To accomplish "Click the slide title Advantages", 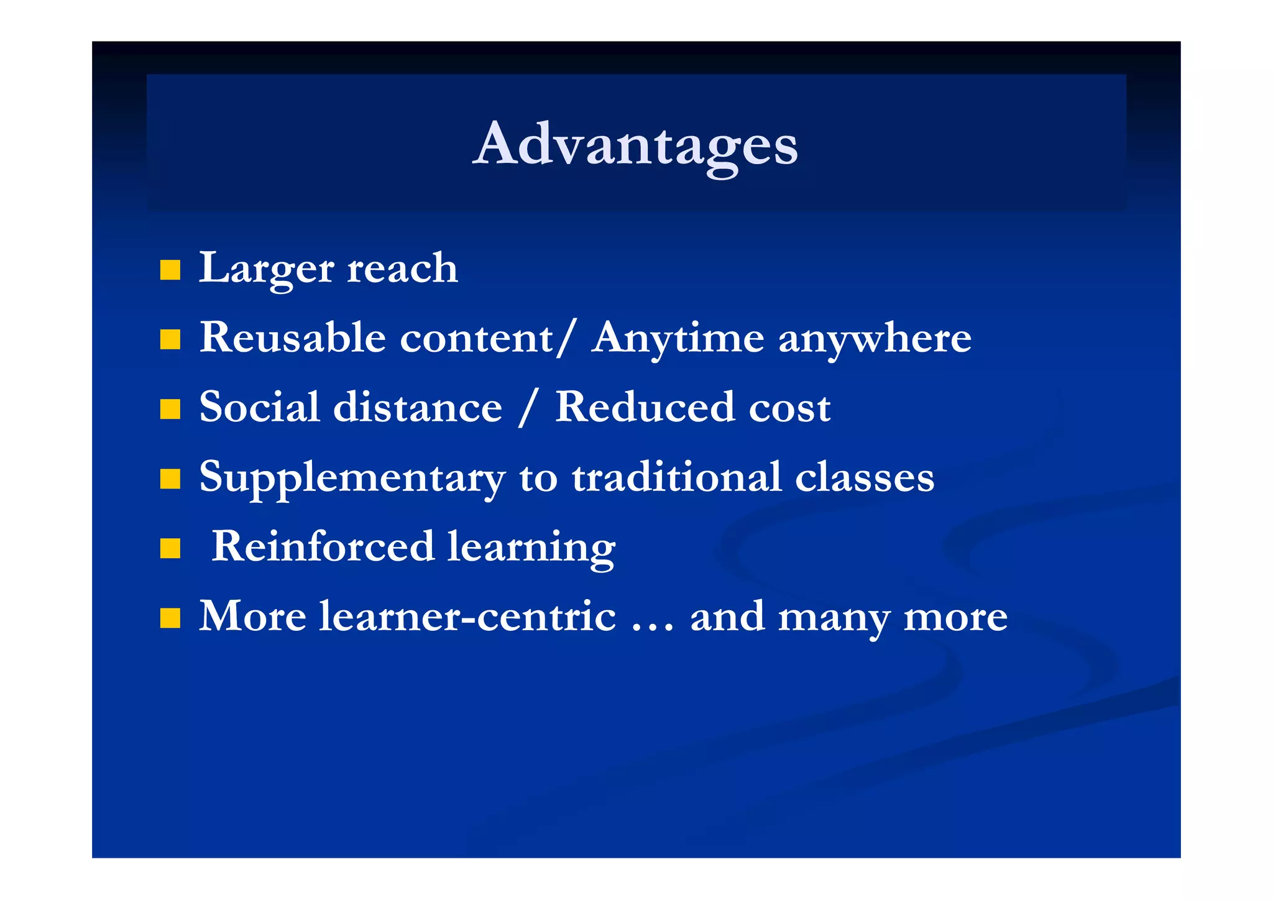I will click(635, 144).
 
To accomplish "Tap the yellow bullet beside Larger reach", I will click(170, 270).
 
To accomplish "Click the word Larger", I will click(266, 269).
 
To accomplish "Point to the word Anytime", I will click(678, 339).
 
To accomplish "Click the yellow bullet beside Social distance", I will click(170, 410).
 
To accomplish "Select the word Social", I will click(259, 408).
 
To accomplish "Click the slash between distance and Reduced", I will click(527, 408).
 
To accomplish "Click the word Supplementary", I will click(352, 478).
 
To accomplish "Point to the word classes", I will click(864, 478).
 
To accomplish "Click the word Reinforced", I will click(323, 547).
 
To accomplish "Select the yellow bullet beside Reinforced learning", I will click(170, 549).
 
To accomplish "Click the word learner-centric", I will click(467, 617).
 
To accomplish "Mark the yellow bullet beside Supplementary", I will click(170, 479).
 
